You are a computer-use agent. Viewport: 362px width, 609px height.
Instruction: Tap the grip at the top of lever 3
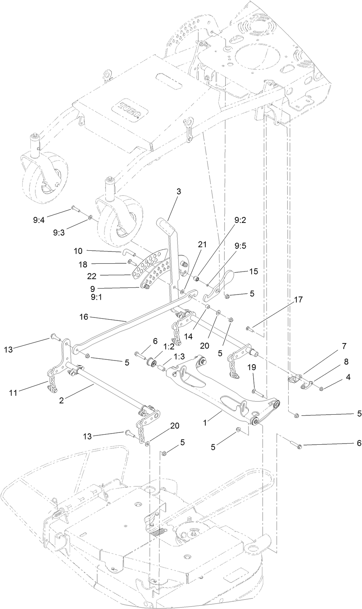pos(163,224)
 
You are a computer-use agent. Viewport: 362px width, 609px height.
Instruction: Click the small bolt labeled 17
pos(249,328)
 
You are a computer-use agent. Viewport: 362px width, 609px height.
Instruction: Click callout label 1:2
pos(169,346)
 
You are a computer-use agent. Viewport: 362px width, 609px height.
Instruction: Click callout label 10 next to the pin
pos(78,251)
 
